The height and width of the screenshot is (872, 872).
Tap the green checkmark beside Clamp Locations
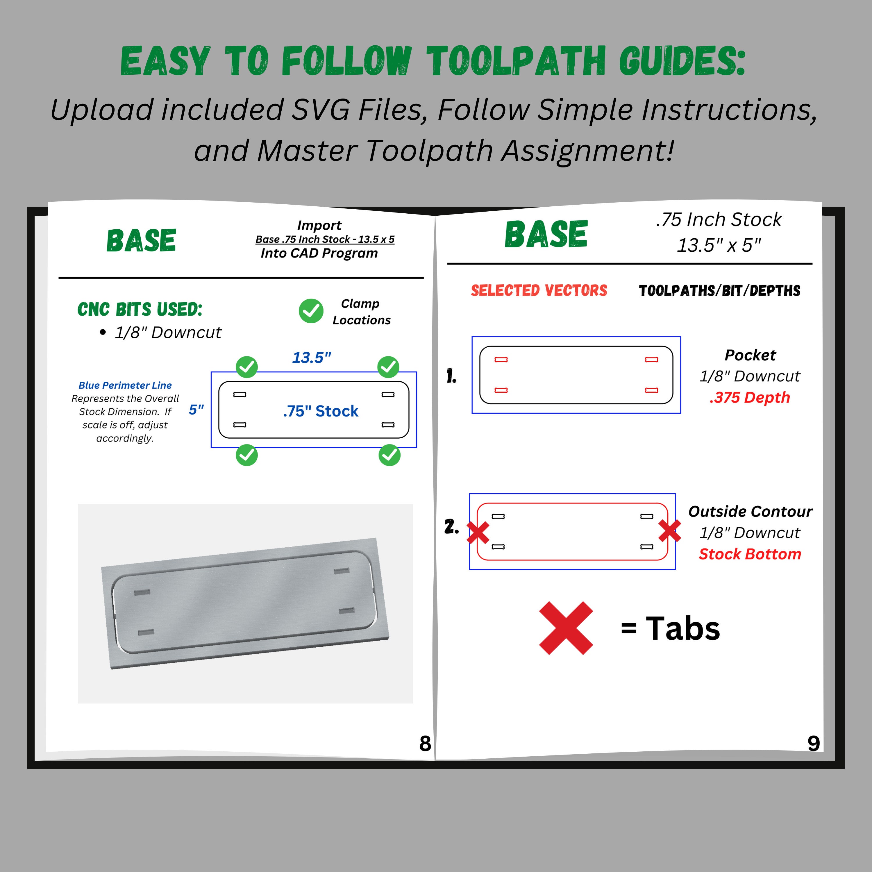[x=311, y=311]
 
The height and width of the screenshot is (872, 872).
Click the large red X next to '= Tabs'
[x=566, y=628]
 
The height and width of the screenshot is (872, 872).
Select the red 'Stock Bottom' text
[x=750, y=554]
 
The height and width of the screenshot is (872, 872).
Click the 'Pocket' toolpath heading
[x=750, y=355]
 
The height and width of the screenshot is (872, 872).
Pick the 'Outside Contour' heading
[x=750, y=511]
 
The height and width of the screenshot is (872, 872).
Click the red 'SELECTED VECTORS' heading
[x=539, y=290]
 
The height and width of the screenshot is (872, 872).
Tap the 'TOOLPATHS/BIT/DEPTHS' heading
[x=719, y=290]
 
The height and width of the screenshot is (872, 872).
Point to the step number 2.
[x=451, y=526]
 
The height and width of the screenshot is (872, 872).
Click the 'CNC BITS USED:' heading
[x=140, y=309]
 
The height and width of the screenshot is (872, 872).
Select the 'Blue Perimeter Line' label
[x=125, y=385]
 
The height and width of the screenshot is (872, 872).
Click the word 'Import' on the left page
[x=319, y=225]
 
